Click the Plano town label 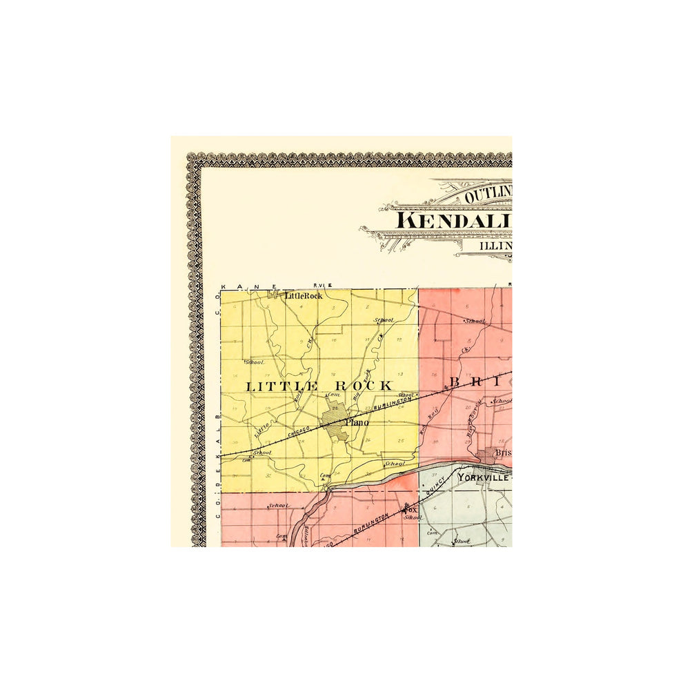point(357,422)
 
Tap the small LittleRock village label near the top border point(304,295)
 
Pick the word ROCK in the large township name point(366,386)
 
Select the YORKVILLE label point(484,477)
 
